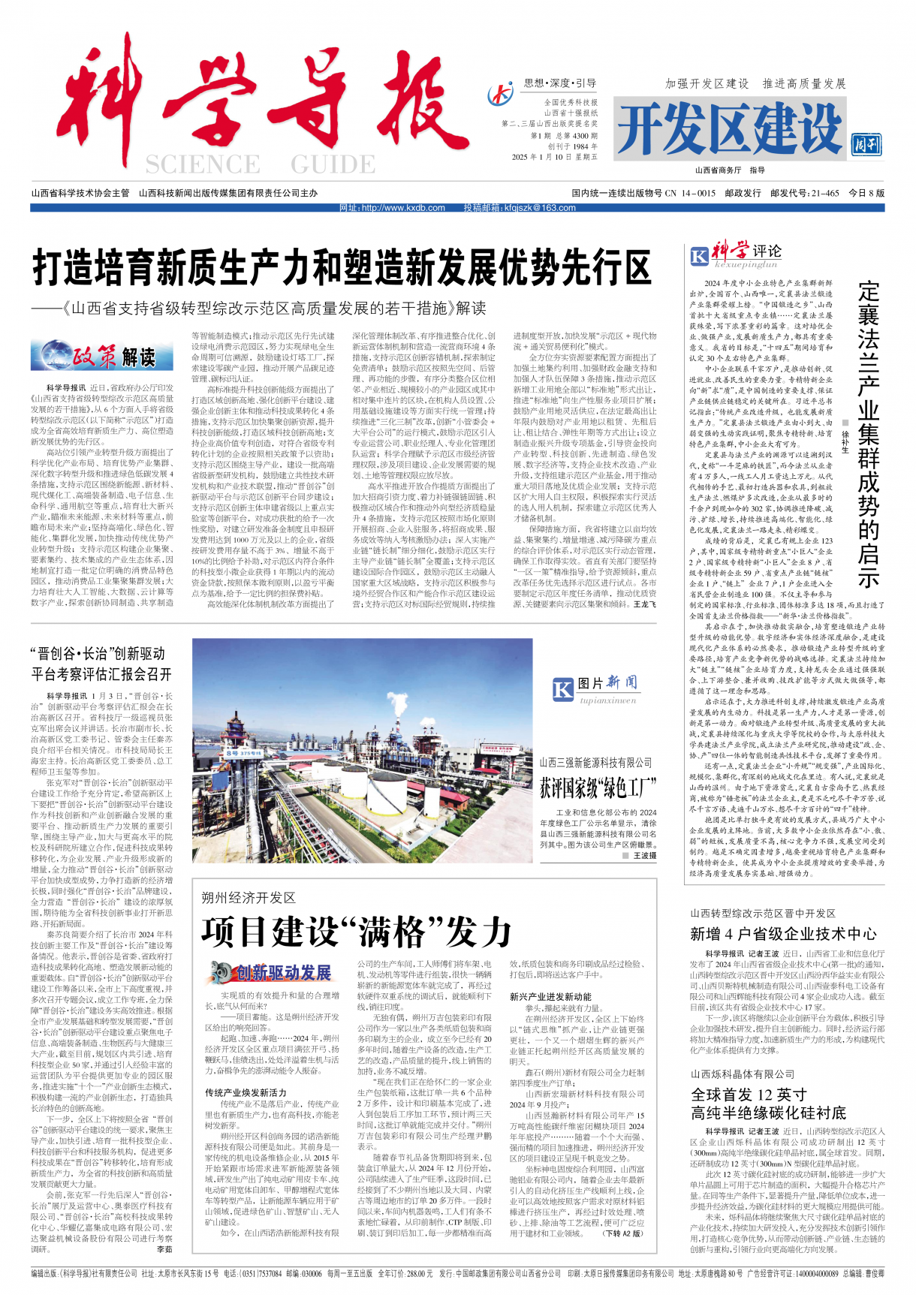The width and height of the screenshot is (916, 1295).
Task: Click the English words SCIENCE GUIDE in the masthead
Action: [x=260, y=164]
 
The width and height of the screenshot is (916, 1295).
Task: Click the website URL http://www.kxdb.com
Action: [x=392, y=208]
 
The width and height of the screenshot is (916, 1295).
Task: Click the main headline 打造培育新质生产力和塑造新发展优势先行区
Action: [x=342, y=267]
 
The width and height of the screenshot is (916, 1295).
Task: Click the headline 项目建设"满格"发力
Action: [x=357, y=932]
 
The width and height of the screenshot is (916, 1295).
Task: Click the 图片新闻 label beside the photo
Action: [x=595, y=687]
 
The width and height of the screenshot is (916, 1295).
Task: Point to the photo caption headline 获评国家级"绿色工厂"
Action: [x=587, y=788]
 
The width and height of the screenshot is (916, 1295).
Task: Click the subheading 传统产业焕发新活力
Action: [x=246, y=1092]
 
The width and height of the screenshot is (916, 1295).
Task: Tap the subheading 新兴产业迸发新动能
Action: [x=550, y=996]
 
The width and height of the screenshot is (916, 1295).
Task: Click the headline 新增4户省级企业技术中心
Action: [x=783, y=934]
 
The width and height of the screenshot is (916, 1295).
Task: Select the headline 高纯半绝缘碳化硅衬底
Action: [x=768, y=1113]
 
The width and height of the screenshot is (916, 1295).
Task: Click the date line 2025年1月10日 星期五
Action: [x=555, y=157]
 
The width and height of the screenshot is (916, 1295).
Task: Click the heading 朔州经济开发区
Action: [x=249, y=897]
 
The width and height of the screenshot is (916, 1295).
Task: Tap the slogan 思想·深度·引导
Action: [x=560, y=83]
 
